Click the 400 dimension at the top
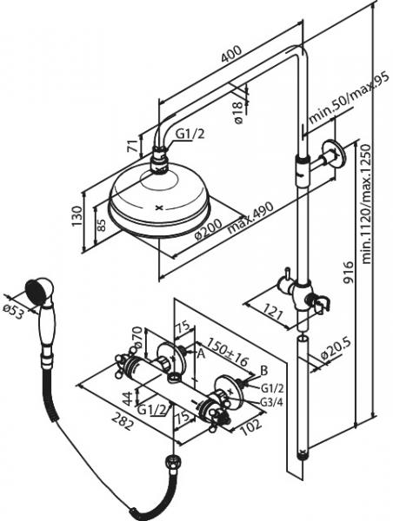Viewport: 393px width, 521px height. click(x=230, y=56)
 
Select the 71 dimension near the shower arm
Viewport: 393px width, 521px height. click(x=131, y=144)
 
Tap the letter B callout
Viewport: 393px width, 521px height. click(x=264, y=369)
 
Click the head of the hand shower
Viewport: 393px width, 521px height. click(x=37, y=289)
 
